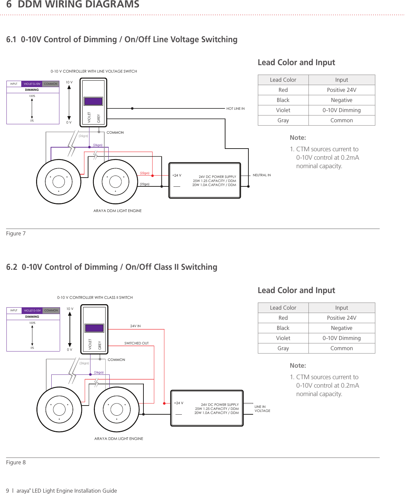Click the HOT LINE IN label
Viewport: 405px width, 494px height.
tap(235, 108)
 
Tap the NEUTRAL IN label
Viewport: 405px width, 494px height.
tap(262, 175)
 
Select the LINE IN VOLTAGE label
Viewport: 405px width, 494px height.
tap(262, 409)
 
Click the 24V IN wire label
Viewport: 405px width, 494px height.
tap(135, 326)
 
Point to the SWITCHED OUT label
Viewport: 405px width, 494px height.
tap(136, 343)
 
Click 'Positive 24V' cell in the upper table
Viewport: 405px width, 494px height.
tap(342, 90)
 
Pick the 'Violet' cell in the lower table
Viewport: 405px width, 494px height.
tap(283, 338)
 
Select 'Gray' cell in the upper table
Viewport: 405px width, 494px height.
tap(283, 120)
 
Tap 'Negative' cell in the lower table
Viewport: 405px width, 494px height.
tap(342, 328)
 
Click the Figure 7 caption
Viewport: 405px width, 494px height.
tap(16, 234)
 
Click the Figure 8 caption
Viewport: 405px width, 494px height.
tap(16, 462)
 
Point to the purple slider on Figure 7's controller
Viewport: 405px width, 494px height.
tap(93, 101)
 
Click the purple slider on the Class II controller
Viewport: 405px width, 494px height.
tap(94, 328)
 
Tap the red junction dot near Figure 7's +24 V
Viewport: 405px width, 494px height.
tap(153, 176)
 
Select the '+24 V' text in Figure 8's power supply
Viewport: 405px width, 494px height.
tap(179, 403)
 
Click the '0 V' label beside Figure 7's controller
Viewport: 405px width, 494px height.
tap(69, 122)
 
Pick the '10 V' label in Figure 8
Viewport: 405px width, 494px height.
tap(70, 309)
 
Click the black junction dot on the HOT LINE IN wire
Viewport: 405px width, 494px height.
tap(132, 108)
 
